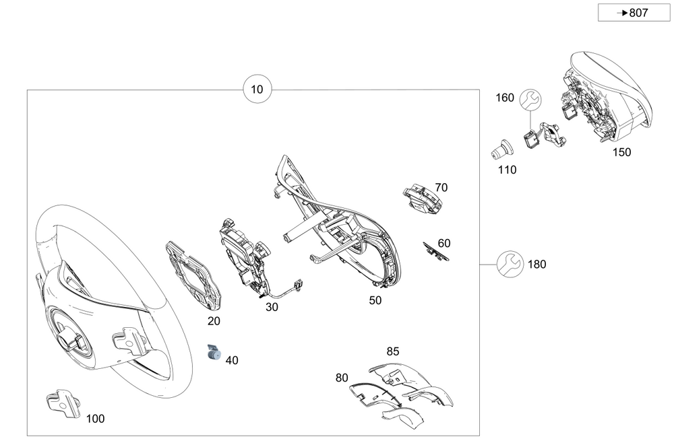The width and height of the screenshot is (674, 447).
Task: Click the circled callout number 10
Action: click(258, 90)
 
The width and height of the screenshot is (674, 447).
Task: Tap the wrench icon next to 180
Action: click(510, 264)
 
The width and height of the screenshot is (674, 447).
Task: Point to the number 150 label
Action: click(621, 153)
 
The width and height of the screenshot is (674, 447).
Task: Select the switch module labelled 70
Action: click(423, 199)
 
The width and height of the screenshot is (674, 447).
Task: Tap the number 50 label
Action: click(375, 300)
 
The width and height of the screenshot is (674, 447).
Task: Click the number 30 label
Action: click(272, 307)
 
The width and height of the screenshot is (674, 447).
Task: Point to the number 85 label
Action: click(393, 351)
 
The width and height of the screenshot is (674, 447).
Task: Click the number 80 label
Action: click(342, 378)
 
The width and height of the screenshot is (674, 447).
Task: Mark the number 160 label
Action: click(505, 98)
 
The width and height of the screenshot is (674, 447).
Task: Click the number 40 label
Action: click(232, 361)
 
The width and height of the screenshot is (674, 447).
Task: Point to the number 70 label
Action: click(441, 187)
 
